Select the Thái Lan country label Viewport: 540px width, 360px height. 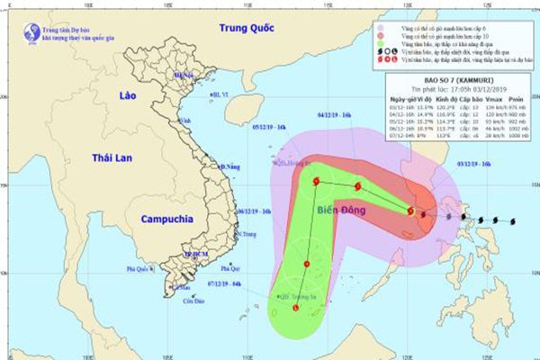tap(112, 157)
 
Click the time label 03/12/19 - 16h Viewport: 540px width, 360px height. tap(473, 164)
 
